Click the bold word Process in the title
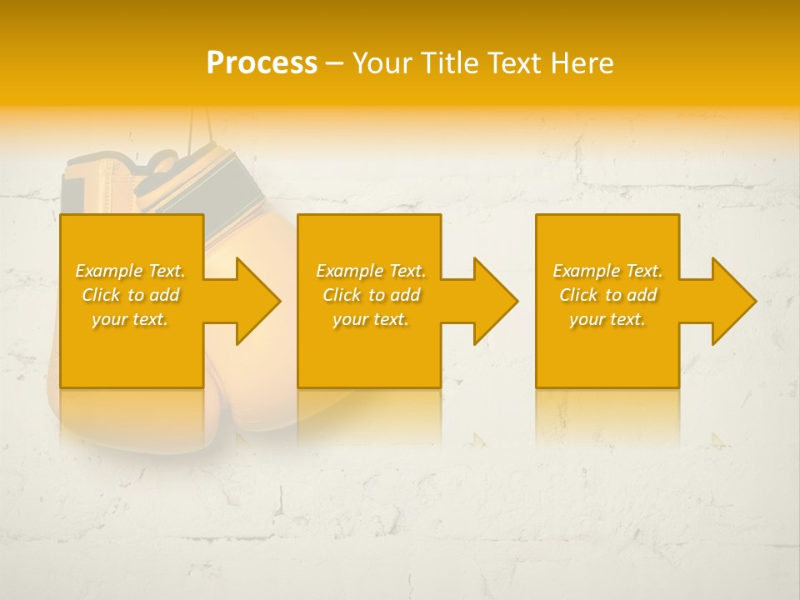[x=262, y=63]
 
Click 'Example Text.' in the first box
[x=130, y=271]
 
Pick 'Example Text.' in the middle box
[x=371, y=271]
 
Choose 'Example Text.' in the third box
[x=607, y=271]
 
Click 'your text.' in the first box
[x=130, y=319]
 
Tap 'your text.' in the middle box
[x=371, y=319]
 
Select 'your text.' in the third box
[x=607, y=319]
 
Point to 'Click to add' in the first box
[x=130, y=295]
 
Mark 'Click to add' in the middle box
[x=371, y=295]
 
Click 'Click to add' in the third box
[x=607, y=295]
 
